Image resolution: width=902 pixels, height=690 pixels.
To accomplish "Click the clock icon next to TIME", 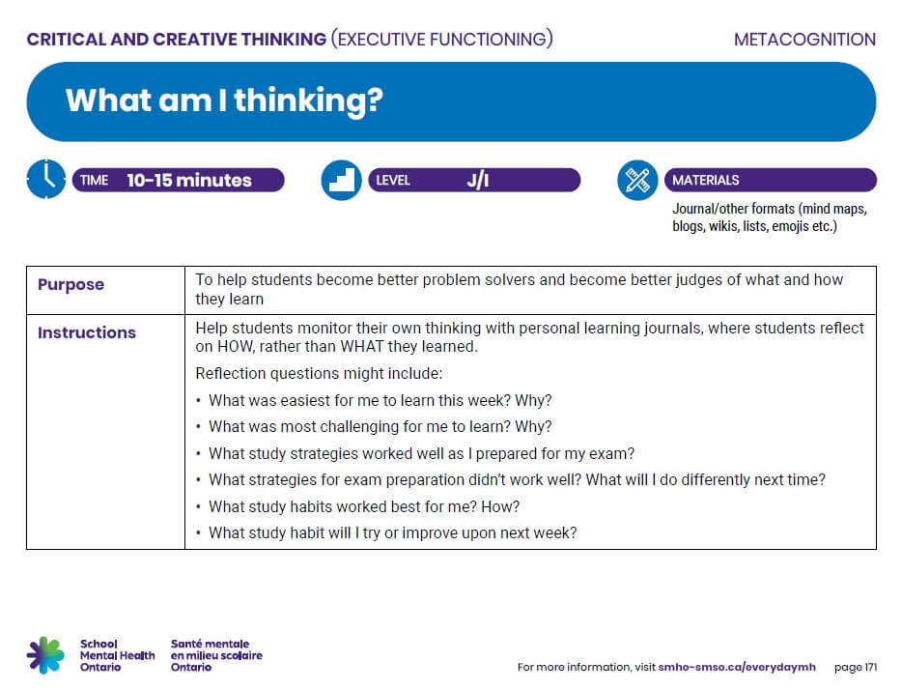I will point(45,180).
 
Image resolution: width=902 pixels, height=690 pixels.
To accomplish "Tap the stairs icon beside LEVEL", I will point(341,181).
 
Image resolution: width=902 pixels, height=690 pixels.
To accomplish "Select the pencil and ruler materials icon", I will point(636,181).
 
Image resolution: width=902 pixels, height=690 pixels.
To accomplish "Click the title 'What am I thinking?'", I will point(224,101).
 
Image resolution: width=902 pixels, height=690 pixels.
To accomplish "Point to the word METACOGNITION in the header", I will point(803,40).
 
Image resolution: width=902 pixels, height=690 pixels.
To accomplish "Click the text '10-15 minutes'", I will point(189,181).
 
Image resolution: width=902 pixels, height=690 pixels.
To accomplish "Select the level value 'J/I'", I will point(478,181).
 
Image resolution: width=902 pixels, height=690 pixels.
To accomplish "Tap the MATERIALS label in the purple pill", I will point(705,181).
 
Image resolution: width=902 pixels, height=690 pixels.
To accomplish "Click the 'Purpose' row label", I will point(70,285).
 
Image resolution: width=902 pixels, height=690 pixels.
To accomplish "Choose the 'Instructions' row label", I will point(87,332).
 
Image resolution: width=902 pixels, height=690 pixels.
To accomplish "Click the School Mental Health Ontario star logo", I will point(45,654).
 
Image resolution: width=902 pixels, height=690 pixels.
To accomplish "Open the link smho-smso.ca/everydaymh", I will point(736,667).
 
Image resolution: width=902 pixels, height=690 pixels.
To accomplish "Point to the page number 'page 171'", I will point(855,667).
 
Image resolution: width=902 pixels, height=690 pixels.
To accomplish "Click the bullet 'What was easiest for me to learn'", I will point(380,400).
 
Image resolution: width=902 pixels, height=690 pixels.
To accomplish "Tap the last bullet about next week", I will point(392,532).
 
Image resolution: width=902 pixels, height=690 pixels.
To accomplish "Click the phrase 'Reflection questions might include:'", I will point(319,374).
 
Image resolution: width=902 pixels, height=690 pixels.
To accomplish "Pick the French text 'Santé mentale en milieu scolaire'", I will point(216,655).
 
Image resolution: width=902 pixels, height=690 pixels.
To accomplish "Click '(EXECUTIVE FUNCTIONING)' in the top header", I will point(441,40).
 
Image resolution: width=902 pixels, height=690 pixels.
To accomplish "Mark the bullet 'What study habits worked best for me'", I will point(364,506).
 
